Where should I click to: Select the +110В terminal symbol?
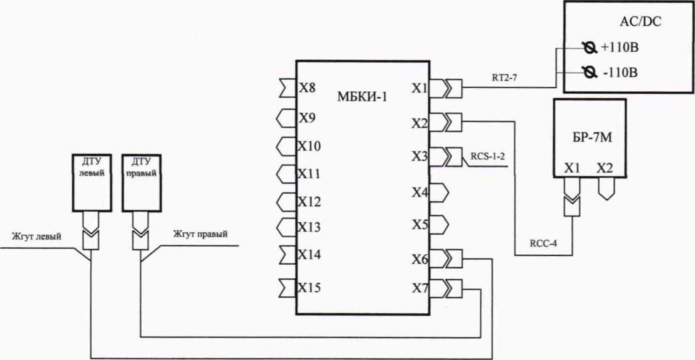click(x=587, y=49)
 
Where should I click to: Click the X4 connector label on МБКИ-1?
click(x=419, y=193)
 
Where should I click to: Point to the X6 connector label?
click(x=419, y=260)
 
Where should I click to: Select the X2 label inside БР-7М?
click(x=605, y=168)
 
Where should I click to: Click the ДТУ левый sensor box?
click(x=86, y=182)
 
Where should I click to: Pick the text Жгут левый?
click(x=37, y=235)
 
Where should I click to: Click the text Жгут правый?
click(x=200, y=235)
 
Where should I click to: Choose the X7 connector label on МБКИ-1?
click(x=419, y=289)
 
